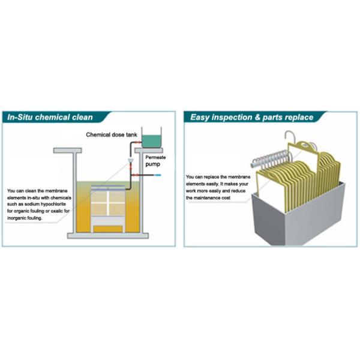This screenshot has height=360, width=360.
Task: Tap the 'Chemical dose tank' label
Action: (112, 135)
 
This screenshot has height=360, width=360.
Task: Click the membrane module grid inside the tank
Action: (110, 205)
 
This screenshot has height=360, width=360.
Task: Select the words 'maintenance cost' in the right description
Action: (212, 197)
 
